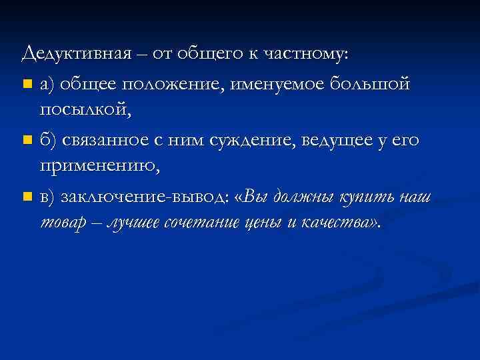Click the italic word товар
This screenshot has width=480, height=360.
click(x=65, y=222)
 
